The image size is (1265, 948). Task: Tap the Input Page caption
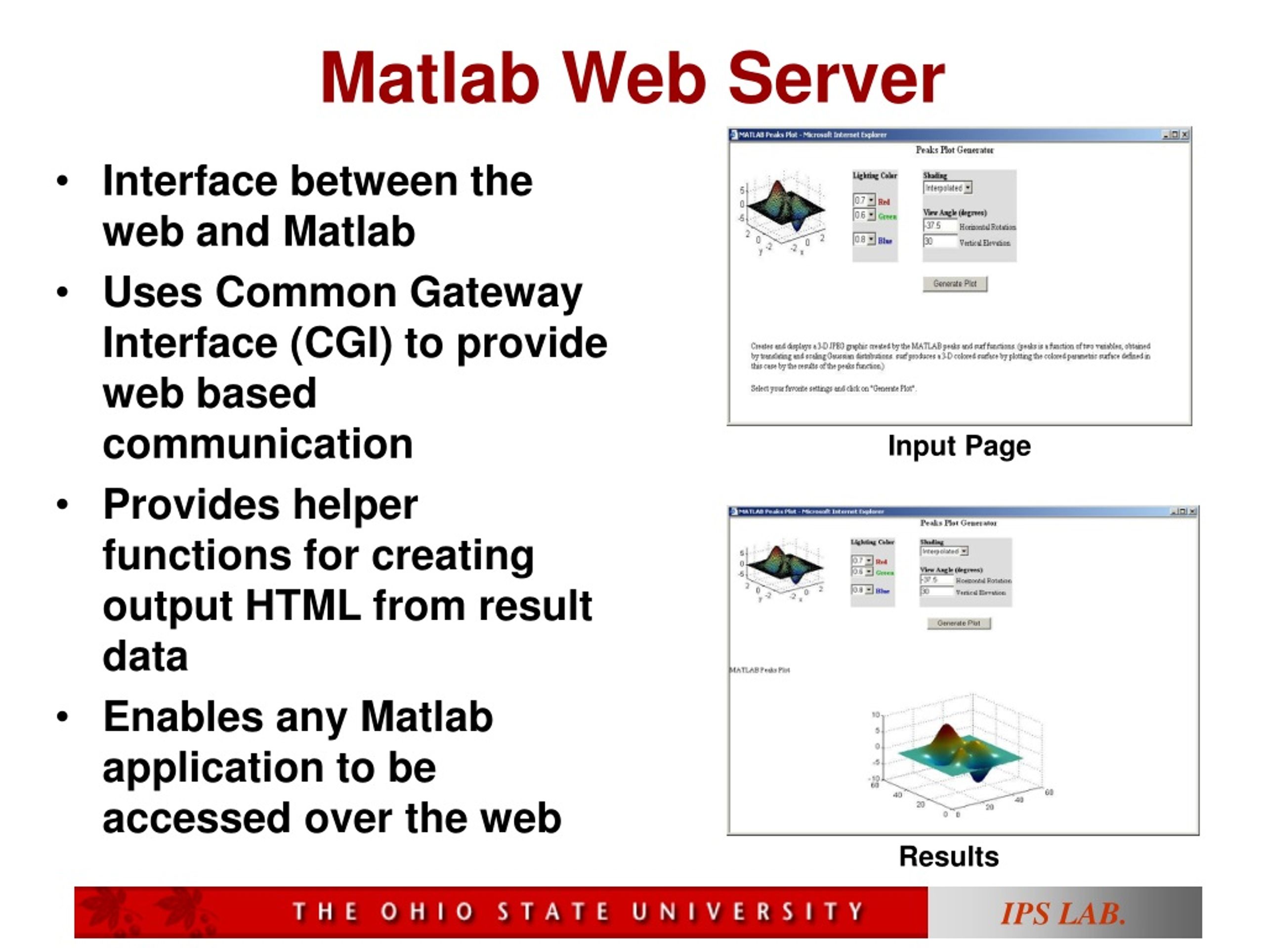[x=959, y=446]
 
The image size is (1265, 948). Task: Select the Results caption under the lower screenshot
[x=949, y=856]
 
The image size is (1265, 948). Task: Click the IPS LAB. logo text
[x=1062, y=913]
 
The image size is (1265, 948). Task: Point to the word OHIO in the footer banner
[x=427, y=911]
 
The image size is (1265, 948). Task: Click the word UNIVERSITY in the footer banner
[x=748, y=911]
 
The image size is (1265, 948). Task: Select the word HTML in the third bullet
[x=302, y=606]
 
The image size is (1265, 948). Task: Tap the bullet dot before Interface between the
[x=62, y=182]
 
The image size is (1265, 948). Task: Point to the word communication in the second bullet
[x=257, y=444]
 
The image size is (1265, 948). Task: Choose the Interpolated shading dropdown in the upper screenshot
[x=947, y=188]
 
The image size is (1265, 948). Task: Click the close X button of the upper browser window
[x=1185, y=135]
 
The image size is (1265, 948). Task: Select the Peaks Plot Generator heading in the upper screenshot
[x=955, y=150]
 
